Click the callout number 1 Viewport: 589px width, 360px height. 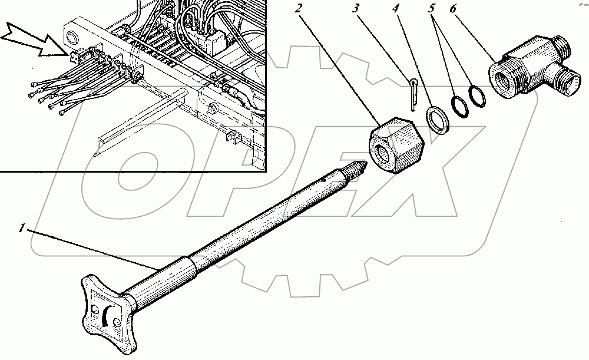point(22,229)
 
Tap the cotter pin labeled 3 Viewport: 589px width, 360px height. point(413,91)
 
